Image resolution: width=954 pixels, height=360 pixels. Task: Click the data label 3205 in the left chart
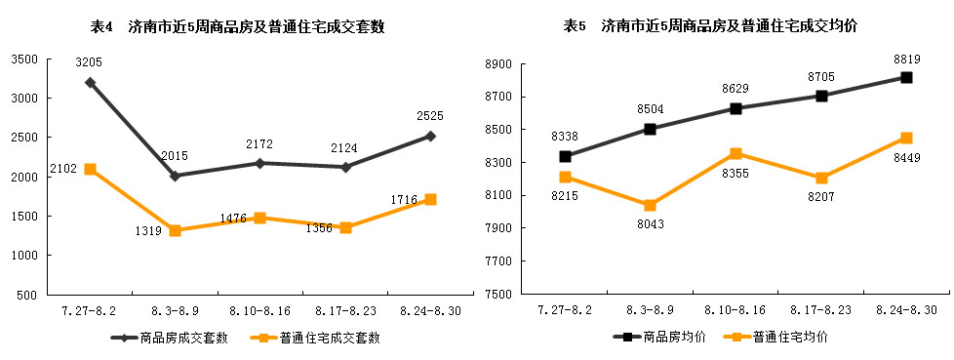[89, 62]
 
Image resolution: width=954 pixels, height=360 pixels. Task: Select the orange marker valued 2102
[90, 169]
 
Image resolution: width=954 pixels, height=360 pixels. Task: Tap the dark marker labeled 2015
[176, 177]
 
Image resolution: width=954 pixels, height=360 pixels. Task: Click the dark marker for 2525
[430, 136]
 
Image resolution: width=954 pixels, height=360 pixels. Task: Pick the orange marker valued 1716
[430, 199]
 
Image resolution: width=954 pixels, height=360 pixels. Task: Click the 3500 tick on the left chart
[23, 60]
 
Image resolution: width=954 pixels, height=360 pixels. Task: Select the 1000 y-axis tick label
[23, 256]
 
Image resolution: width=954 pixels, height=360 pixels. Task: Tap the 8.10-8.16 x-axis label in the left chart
[259, 310]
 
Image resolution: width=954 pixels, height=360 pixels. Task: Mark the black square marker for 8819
[906, 77]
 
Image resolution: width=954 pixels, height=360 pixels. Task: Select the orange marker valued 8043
[651, 205]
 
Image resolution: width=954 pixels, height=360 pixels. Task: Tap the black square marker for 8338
[565, 156]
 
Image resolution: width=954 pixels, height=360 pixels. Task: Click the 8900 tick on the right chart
[498, 64]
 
